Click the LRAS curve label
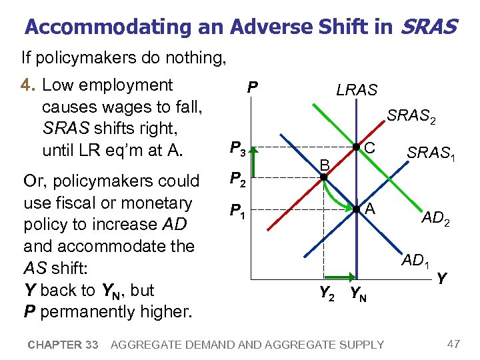(x=357, y=90)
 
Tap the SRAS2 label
(x=412, y=117)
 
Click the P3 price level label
(x=237, y=148)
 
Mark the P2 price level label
(x=237, y=179)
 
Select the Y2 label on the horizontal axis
(x=327, y=292)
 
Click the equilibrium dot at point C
(x=357, y=147)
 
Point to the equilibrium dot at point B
(x=323, y=177)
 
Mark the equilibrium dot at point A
(x=357, y=209)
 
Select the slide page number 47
(x=453, y=344)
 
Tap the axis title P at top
(x=252, y=87)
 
